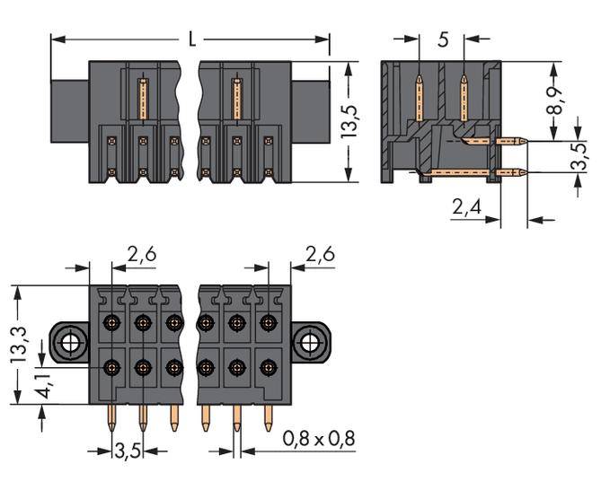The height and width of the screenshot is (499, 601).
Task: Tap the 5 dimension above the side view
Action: pyautogui.click(x=442, y=40)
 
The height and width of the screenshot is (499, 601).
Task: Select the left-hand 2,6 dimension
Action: pyautogui.click(x=141, y=256)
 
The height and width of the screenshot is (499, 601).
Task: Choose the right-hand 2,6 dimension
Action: pyautogui.click(x=320, y=256)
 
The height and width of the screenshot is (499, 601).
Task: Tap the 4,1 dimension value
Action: pyautogui.click(x=42, y=382)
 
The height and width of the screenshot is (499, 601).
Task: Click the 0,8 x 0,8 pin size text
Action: pyautogui.click(x=319, y=440)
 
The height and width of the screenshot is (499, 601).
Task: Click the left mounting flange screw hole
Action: pyautogui.click(x=68, y=342)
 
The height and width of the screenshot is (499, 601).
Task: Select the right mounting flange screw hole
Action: pyautogui.click(x=310, y=342)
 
